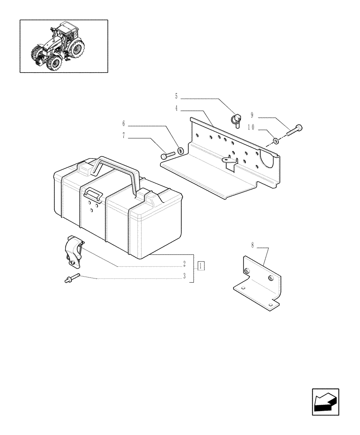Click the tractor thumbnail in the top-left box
coord(63,46)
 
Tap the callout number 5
coord(176,96)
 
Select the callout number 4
coord(176,108)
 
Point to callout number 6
coord(123,124)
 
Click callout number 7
coord(123,136)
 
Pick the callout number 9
coord(252,115)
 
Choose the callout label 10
coord(251,127)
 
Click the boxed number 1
coord(200,265)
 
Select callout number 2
coord(184,264)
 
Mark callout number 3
coord(184,276)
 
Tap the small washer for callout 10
coord(276,141)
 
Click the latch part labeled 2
coord(73,252)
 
